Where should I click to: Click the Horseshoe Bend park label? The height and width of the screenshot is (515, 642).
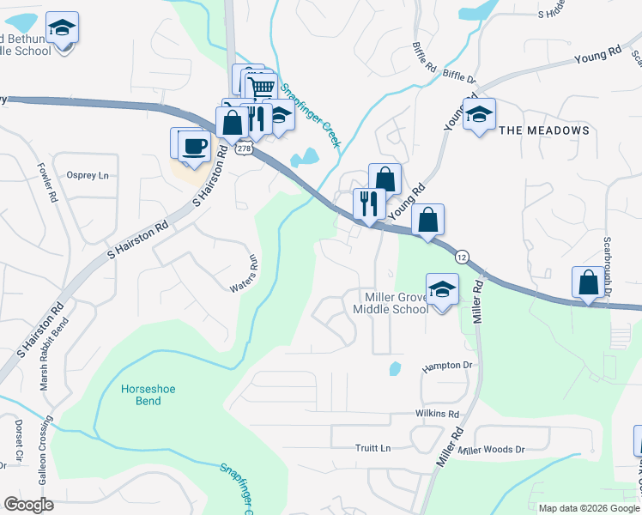(x=148, y=395)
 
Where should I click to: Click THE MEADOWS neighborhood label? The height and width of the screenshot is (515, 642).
(x=544, y=130)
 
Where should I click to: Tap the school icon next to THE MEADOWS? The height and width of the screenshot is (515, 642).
(x=479, y=114)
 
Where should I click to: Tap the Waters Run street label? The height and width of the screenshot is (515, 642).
(x=242, y=273)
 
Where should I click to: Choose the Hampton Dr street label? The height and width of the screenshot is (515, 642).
(x=447, y=366)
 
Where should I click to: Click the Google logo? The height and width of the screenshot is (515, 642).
(x=28, y=505)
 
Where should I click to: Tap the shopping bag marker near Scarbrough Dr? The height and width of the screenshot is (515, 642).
(x=588, y=282)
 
